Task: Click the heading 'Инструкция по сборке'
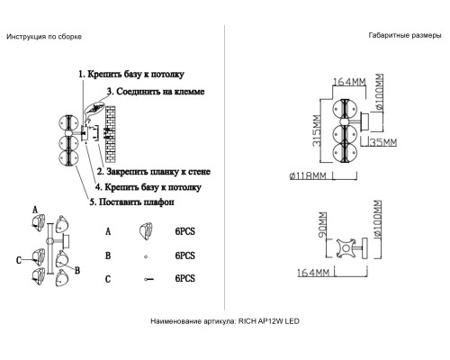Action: [44, 37]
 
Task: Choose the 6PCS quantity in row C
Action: [185, 280]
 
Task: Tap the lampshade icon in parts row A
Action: [144, 231]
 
